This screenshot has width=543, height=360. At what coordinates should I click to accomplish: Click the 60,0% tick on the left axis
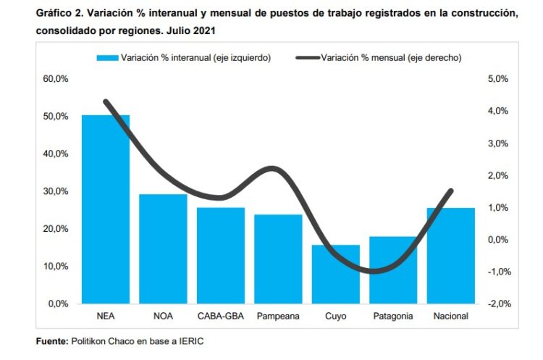(x=56, y=79)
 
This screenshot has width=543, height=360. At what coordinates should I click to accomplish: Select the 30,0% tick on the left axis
(x=56, y=191)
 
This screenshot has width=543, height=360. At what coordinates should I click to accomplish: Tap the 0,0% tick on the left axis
(x=58, y=304)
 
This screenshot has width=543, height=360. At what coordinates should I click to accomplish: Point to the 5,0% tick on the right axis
(x=500, y=79)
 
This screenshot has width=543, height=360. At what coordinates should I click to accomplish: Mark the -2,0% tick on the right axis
(x=500, y=304)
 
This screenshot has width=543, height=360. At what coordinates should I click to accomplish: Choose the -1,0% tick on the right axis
(x=500, y=272)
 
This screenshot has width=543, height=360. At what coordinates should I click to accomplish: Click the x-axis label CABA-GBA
(x=221, y=317)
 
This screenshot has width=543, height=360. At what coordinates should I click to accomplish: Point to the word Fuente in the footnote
(x=51, y=340)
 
